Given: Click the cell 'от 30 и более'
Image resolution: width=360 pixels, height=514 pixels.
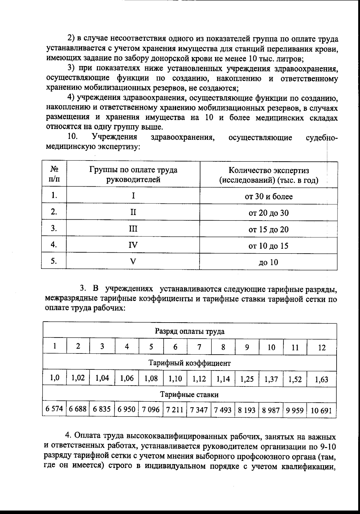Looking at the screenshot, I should [x=268, y=197].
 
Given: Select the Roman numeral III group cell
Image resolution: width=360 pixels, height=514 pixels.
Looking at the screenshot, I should [x=133, y=229].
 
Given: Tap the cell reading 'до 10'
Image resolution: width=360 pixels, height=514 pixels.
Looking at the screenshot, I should [x=268, y=263].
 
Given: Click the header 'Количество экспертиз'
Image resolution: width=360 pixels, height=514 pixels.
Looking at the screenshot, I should [x=268, y=175].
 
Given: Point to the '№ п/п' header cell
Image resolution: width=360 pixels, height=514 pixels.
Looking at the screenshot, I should [x=54, y=175].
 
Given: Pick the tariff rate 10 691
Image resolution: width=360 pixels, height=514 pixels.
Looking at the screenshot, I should [x=321, y=410].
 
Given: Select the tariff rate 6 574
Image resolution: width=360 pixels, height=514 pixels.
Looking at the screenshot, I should [x=54, y=409].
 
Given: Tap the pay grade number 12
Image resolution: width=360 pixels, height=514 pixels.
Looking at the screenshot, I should [x=322, y=347].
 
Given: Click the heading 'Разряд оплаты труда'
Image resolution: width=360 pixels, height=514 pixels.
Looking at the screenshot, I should [x=190, y=331].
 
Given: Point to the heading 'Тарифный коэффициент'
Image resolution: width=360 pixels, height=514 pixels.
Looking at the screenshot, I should [x=190, y=363].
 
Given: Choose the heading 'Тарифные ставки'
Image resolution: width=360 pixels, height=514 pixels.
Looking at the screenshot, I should [x=190, y=394].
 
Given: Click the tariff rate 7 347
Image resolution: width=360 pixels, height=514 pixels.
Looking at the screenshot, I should [x=199, y=410].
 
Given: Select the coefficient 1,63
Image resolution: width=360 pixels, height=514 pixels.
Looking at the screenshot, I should [x=322, y=380].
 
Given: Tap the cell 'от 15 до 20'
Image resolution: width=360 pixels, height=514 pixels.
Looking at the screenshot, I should [x=268, y=230].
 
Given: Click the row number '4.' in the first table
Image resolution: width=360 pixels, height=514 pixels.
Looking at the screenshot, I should [x=54, y=245].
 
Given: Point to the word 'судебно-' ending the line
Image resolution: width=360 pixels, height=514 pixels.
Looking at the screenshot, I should [x=321, y=138].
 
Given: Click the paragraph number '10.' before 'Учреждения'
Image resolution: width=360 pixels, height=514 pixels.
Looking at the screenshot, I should [x=73, y=137].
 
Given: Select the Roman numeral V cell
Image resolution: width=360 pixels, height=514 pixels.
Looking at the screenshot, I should [x=133, y=261].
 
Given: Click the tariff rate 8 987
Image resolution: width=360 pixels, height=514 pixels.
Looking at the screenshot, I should [x=271, y=410].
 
